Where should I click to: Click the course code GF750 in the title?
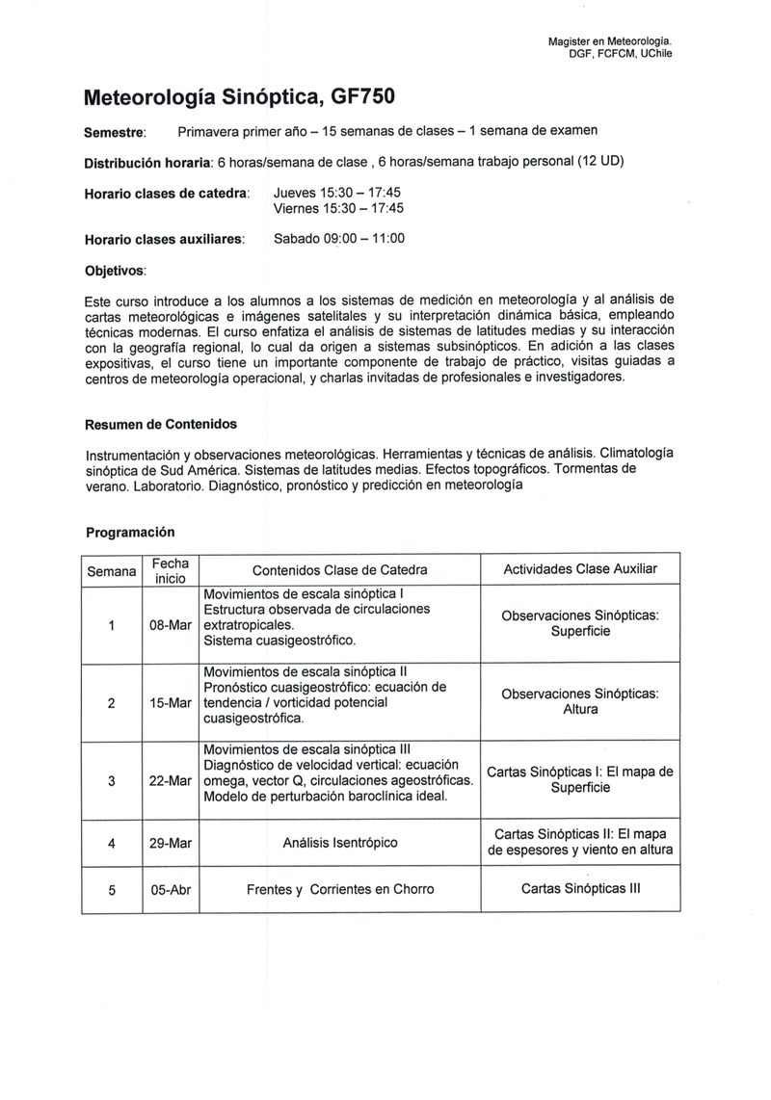(363, 97)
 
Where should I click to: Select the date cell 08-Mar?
(170, 624)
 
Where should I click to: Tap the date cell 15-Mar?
(170, 702)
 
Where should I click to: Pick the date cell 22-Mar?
(170, 780)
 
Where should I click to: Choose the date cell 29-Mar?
(170, 843)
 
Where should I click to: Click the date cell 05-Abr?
(170, 890)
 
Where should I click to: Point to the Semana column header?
(112, 571)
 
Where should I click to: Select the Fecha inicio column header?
(170, 570)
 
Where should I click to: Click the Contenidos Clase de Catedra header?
(339, 570)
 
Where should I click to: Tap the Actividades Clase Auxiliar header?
(580, 569)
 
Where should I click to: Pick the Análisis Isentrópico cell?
(339, 843)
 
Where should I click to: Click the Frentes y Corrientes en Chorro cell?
(339, 890)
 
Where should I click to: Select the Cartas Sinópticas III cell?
(580, 890)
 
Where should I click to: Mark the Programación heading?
(130, 532)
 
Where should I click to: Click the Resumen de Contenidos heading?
(161, 424)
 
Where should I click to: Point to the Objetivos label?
(116, 271)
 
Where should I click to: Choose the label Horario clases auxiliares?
(165, 239)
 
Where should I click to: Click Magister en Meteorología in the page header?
(609, 40)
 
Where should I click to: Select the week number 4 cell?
(112, 843)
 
